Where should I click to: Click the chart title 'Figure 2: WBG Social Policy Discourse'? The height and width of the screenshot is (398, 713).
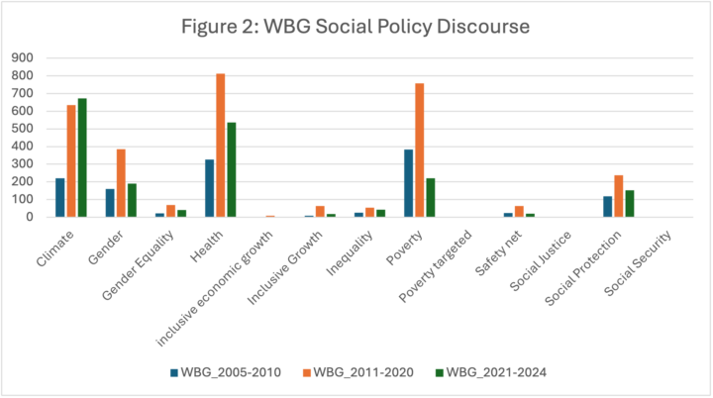(x=356, y=28)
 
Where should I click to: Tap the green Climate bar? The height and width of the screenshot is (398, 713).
(x=82, y=157)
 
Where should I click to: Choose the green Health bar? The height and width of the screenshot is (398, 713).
(x=231, y=169)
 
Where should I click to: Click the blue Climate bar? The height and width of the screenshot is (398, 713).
(x=60, y=197)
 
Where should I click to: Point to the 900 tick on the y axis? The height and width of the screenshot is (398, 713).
(x=23, y=57)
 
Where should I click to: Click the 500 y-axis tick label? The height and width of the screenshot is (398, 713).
(x=23, y=129)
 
